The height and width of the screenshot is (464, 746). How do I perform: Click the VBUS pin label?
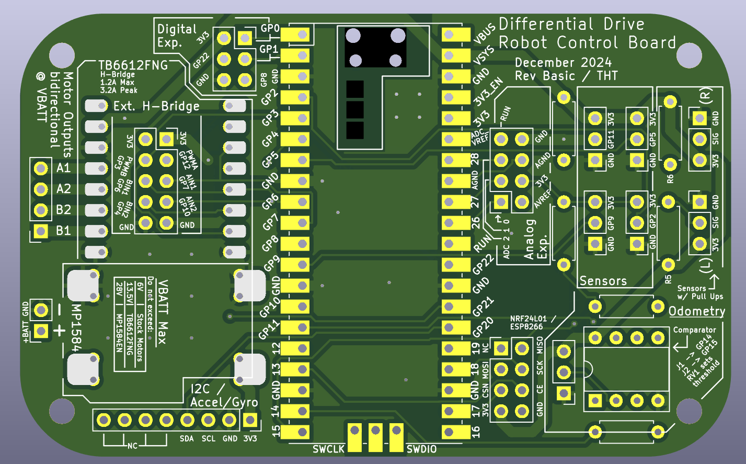(484, 33)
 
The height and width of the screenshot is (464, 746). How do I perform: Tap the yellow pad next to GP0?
(296, 35)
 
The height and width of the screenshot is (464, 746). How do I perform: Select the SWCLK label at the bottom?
(328, 449)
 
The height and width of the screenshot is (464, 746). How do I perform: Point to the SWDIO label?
(421, 449)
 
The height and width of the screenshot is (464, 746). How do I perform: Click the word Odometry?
(696, 311)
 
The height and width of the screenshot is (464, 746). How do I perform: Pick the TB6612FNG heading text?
(133, 65)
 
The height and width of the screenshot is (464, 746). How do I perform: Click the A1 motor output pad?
(41, 168)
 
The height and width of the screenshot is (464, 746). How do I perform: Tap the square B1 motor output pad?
(41, 231)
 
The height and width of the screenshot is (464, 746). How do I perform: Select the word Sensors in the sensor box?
(603, 281)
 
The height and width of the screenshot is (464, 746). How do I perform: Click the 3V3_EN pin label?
(488, 91)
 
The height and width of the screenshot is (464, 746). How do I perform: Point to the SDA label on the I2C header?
(187, 438)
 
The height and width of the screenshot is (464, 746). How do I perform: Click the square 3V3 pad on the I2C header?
(250, 420)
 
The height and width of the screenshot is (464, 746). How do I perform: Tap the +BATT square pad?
(41, 331)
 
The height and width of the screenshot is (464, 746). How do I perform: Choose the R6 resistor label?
(670, 179)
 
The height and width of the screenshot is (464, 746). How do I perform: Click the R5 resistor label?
(668, 279)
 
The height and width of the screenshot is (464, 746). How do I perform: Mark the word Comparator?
(694, 330)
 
